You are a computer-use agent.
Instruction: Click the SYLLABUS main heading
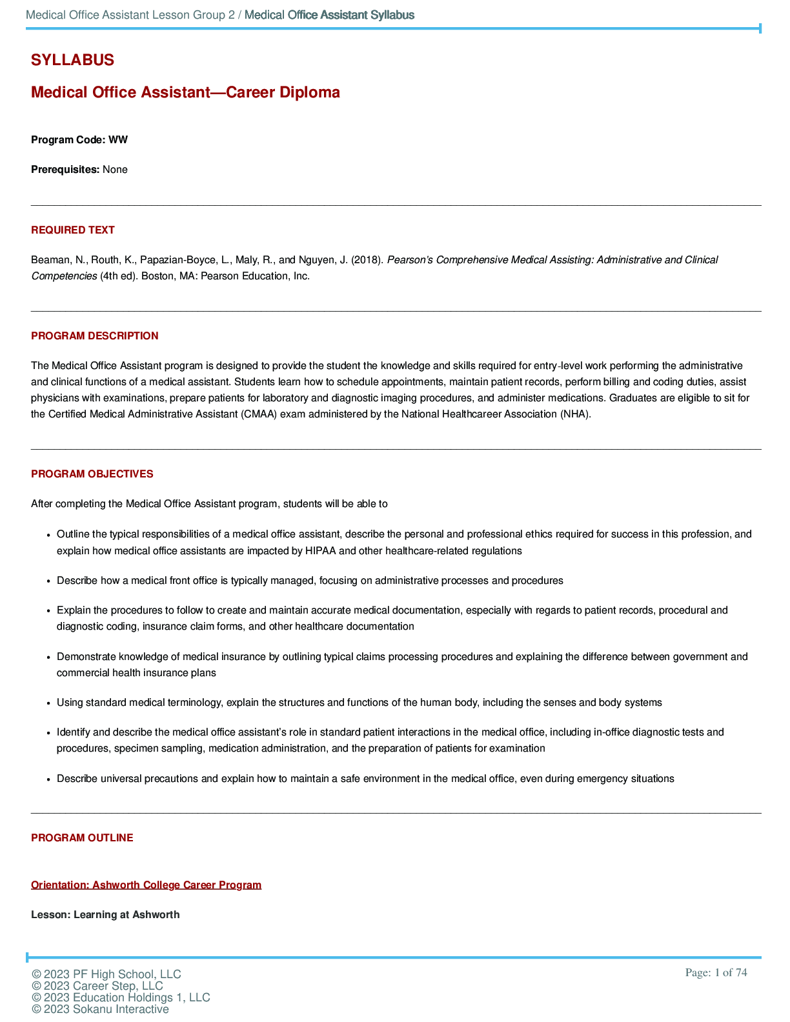point(72,60)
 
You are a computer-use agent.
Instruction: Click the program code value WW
point(118,140)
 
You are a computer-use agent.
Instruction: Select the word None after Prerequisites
point(115,170)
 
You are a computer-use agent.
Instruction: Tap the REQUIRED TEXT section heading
point(73,230)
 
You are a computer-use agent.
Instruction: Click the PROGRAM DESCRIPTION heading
point(95,336)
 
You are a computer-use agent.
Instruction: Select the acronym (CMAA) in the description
point(259,414)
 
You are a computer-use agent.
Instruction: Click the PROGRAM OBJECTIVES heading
point(92,474)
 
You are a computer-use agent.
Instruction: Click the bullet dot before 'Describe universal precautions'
point(48,779)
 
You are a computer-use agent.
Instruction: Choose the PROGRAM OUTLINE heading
point(82,838)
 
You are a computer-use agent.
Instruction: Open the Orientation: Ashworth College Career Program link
point(147,885)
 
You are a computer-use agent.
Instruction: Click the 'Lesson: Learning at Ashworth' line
point(105,915)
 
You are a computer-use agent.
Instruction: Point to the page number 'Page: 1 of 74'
point(716,973)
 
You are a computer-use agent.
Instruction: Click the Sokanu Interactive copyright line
point(100,1009)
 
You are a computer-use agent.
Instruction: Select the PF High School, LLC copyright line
point(106,974)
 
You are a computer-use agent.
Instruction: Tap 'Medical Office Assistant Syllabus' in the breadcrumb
point(329,15)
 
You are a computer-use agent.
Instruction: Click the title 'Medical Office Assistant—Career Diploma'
point(185,92)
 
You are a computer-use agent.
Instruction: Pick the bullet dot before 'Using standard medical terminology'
point(48,703)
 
